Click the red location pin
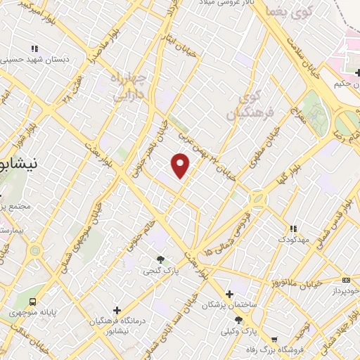(x=181, y=166)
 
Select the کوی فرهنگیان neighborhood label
(x=245, y=103)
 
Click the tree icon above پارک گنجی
(x=161, y=258)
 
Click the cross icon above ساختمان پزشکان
(x=229, y=294)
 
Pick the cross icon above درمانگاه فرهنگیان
(x=117, y=309)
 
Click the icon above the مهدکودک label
(x=293, y=229)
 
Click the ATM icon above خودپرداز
(x=345, y=279)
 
